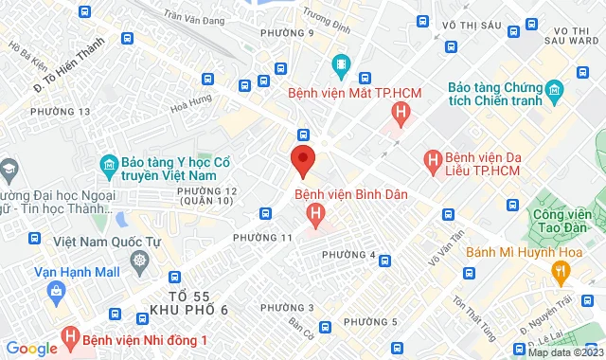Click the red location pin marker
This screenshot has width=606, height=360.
pyautogui.click(x=302, y=159)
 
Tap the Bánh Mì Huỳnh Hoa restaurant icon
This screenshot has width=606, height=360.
pyautogui.click(x=561, y=272)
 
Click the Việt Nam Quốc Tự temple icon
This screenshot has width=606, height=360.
pyautogui.click(x=140, y=261)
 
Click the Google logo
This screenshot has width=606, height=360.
pyautogui.click(x=31, y=349)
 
